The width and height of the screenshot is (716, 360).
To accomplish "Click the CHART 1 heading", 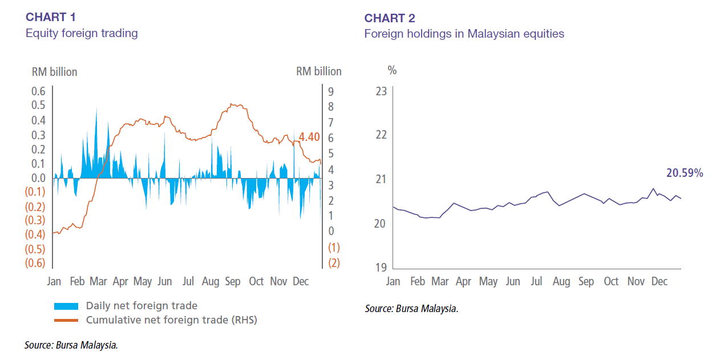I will coord(51,17).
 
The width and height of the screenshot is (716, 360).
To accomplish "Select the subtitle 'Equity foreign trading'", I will coord(82,33).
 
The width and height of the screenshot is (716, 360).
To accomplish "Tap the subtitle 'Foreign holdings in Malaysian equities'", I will coord(464,34).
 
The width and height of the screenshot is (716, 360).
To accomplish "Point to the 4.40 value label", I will coord(309,137).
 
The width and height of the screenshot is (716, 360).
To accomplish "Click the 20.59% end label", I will coord(685,172).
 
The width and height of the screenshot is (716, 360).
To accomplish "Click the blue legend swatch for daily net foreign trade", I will coord(67,306).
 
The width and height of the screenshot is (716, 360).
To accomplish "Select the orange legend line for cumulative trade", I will coord(67,320).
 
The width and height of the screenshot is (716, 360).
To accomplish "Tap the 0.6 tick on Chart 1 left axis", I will coord(38,91).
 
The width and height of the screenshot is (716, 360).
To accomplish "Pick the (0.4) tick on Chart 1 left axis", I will coord(35,234).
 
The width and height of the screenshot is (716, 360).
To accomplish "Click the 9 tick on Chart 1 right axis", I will coord(331,92).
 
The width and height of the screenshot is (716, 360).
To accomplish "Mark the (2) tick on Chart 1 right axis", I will coord(333,263).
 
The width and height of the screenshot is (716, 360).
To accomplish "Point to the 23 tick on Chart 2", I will coord(381,91).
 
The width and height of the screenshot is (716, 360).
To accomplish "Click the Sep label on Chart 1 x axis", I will coord(233,281).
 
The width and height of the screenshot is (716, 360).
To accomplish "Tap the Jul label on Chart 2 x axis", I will coord(536,281).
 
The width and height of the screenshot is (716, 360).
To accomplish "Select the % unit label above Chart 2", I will coord(392,71).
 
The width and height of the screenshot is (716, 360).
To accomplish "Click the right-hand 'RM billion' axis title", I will coord(318,71).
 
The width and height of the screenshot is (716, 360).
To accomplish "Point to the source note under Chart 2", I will coord(411,309).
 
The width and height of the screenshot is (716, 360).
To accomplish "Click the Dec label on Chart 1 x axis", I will coord(300,281).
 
